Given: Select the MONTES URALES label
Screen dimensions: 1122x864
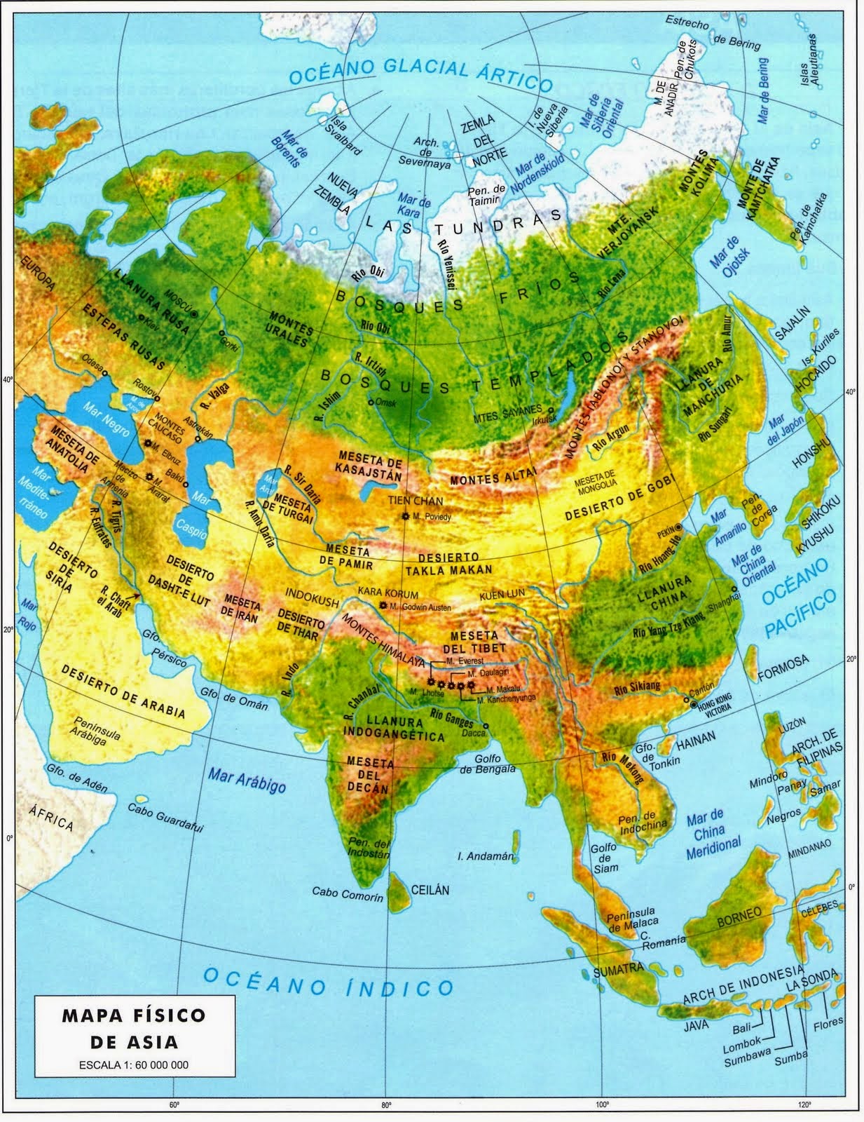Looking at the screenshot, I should [x=288, y=332].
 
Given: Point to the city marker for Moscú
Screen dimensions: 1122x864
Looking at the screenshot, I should [x=194, y=313].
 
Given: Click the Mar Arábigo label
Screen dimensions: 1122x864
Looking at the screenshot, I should [x=247, y=780].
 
